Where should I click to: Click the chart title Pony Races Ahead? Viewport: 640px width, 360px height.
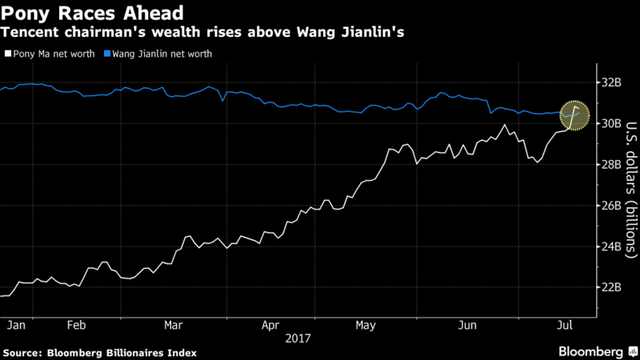(93, 14)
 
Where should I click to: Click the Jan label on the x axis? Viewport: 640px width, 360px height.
(14, 326)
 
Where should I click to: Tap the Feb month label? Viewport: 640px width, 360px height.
(77, 326)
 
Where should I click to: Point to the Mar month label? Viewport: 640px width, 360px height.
(174, 326)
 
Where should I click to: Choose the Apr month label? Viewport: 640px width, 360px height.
(270, 326)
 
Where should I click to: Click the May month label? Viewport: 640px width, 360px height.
(366, 326)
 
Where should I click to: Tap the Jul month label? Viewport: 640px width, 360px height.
(565, 326)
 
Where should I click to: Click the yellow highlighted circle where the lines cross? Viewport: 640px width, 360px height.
(574, 117)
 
